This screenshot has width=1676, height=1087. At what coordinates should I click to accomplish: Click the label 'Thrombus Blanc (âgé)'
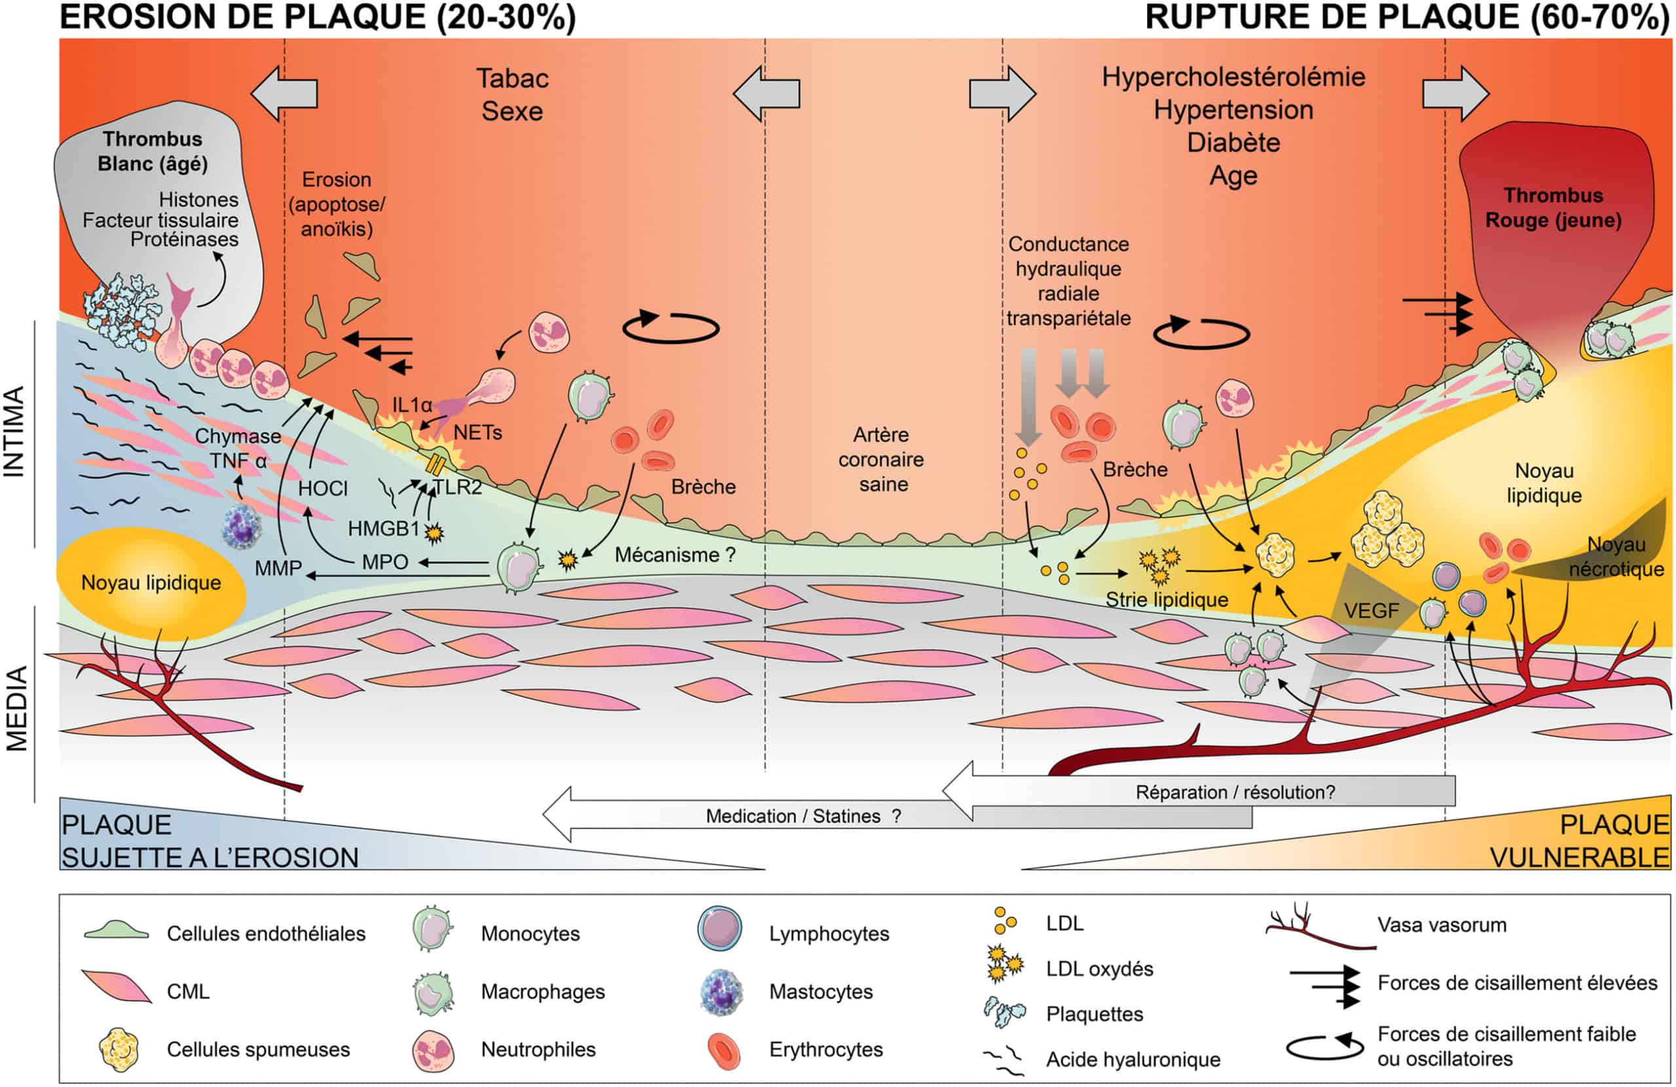[x=152, y=151]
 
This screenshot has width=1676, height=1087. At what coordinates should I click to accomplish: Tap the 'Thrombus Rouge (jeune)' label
[x=1553, y=208]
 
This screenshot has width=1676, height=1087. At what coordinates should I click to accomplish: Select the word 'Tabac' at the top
[x=512, y=78]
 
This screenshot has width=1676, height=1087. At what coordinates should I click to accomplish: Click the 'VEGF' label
[x=1370, y=610]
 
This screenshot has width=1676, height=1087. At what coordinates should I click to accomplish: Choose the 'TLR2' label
[x=457, y=487]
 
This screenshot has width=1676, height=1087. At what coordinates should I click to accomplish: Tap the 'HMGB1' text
[x=383, y=528]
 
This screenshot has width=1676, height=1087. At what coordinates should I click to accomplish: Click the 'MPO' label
[x=384, y=561]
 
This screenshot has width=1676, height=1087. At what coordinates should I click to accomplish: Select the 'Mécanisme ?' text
[x=674, y=555]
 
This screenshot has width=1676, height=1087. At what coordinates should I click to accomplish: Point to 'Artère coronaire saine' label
[x=881, y=459]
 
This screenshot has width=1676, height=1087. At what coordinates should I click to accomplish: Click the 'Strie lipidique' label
[x=1166, y=600]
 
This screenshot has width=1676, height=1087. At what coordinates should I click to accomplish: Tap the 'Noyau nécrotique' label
[x=1615, y=557]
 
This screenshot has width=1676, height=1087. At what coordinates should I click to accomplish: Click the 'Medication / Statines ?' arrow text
[x=803, y=816]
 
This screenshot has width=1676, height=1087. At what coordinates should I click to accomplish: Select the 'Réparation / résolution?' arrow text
[x=1235, y=792]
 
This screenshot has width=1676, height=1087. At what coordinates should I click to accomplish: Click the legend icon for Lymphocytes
[x=719, y=928]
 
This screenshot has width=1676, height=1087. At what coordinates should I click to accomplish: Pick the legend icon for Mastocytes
[x=720, y=991]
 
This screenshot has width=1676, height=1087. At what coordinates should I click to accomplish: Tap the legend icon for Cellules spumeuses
[x=119, y=1049]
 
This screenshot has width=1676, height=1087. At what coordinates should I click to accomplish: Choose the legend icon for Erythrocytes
[x=722, y=1050]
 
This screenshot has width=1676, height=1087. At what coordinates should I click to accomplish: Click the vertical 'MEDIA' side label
[x=16, y=708]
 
